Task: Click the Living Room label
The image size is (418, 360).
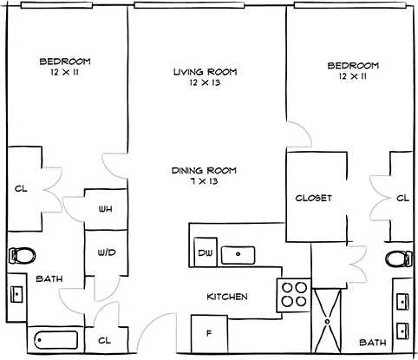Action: click(x=205, y=72)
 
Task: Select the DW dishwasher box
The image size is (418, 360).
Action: click(x=205, y=252)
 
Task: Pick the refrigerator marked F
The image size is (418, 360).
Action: click(x=209, y=332)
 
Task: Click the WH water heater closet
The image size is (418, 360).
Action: click(x=104, y=209)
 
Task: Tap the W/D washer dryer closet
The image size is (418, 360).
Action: click(x=105, y=253)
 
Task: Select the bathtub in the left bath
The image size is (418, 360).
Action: click(x=56, y=340)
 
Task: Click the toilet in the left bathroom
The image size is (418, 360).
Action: click(x=23, y=255)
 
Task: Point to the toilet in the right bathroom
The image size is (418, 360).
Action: click(x=399, y=258)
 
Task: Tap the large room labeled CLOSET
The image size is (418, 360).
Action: click(x=313, y=198)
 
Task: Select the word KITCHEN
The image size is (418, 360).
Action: click(x=226, y=298)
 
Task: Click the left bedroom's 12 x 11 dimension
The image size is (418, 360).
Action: click(x=65, y=74)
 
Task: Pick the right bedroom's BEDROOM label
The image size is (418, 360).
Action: click(x=353, y=66)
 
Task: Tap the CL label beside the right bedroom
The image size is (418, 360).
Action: click(x=402, y=199)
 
